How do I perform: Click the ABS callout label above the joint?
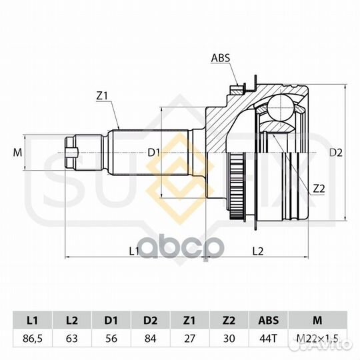(221, 58)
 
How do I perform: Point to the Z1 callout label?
(102, 97)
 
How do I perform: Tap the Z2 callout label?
(319, 189)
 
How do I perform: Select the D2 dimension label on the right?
(335, 153)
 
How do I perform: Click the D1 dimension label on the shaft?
(153, 153)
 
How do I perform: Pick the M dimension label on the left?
(17, 153)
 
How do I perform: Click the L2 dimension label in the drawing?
(258, 251)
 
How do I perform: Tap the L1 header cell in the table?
(33, 320)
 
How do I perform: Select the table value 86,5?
(33, 339)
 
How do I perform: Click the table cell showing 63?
(71, 339)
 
